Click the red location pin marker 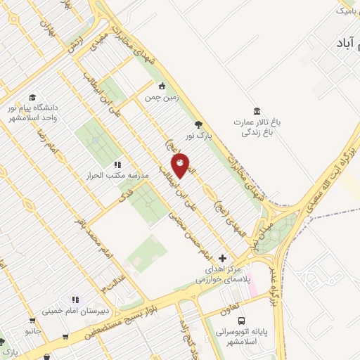click(x=181, y=166)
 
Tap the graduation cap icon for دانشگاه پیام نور click(x=32, y=98)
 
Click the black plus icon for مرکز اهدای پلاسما click(x=224, y=258)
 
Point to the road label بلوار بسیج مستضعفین click(x=131, y=315)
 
